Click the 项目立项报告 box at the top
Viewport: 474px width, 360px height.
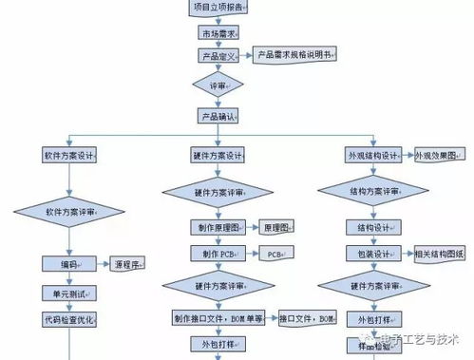click(217, 8)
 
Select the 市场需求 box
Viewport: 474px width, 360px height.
click(218, 33)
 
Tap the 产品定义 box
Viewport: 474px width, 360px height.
click(218, 57)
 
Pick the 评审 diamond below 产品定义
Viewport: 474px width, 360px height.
click(218, 85)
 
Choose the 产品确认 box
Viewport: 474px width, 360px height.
click(218, 117)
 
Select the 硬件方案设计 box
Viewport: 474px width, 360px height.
click(218, 155)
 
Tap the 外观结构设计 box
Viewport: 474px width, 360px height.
click(373, 155)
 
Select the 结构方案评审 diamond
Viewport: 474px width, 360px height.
click(373, 191)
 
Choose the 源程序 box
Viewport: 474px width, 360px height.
click(130, 264)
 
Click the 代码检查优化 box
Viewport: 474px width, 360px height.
click(69, 319)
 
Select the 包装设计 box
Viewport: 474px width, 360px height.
click(371, 255)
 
